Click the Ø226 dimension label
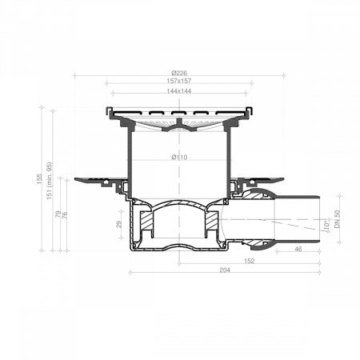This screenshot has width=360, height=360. click(x=179, y=73)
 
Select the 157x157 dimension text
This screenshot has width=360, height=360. click(x=179, y=82)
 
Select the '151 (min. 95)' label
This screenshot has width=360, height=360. click(x=50, y=182)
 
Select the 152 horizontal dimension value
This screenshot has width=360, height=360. click(x=249, y=261)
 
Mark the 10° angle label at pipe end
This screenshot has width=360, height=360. click(x=326, y=227)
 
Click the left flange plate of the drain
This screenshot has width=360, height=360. click(x=96, y=180)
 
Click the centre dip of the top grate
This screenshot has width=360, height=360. click(x=179, y=125)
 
